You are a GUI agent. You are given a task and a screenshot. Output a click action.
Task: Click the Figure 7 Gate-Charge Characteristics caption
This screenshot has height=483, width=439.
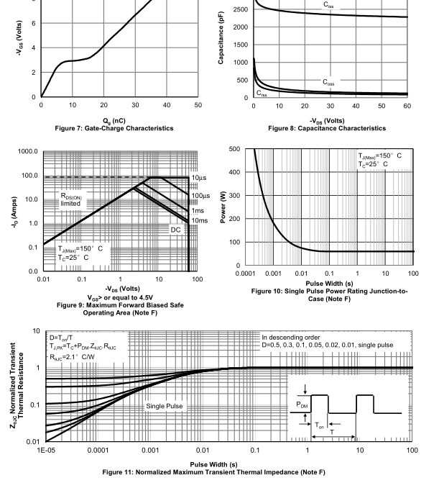119,128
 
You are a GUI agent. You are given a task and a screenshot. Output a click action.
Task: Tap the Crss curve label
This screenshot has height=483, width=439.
262,93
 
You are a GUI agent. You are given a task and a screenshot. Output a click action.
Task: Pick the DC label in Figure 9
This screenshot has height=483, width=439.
175,230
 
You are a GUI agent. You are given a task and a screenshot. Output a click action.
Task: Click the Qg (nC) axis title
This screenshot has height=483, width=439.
119,120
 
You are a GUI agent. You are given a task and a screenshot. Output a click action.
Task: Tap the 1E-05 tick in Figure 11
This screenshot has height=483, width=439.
46,450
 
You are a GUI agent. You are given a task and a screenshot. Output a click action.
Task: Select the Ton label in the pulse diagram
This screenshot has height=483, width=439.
321,425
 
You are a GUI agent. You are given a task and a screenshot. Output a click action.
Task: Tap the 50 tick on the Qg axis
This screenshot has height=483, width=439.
198,106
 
